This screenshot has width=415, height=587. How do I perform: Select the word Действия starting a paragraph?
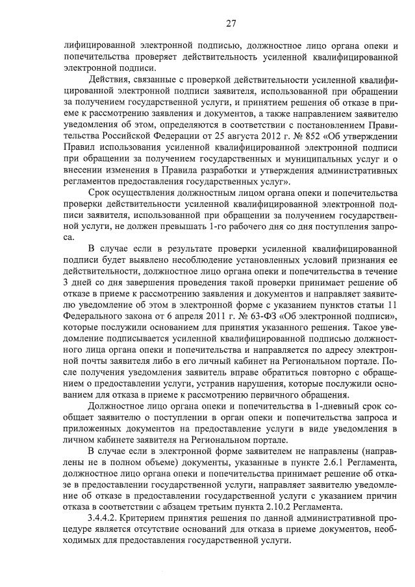coord(108,79)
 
